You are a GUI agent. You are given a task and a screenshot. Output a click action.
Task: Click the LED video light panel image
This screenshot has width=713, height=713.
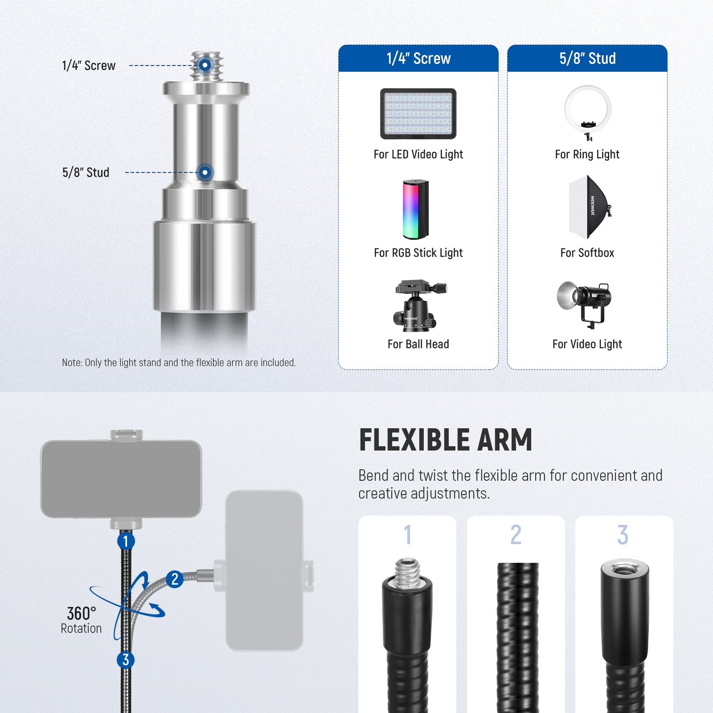coord(418,114)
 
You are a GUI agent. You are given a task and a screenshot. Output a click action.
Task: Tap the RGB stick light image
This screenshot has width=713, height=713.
coord(416,209)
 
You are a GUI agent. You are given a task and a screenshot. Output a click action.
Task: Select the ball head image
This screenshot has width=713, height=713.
coord(418,306)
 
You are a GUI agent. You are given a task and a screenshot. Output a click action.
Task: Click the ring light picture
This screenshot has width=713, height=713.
coord(587,111)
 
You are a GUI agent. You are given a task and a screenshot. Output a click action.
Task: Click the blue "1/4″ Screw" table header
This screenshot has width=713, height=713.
coord(418,58)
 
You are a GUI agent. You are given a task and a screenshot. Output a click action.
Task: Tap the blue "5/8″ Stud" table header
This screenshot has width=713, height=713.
coord(587,58)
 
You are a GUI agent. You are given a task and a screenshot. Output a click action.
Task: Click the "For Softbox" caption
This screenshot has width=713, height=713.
coord(587,253)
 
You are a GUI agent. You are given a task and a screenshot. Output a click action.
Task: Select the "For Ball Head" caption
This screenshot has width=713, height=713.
coord(418,344)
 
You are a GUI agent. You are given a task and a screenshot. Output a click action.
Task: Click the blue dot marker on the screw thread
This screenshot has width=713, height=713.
coord(205,65)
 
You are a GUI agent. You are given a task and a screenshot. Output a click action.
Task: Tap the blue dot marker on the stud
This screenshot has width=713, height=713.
coord(205,172)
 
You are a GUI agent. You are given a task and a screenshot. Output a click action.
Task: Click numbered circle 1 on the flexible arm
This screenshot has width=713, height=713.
coord(126,541)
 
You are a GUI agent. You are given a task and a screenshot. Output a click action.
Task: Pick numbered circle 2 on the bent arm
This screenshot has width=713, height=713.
coord(175,579)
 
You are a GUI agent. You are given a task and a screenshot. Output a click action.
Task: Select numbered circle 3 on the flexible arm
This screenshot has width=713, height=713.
coord(126,660)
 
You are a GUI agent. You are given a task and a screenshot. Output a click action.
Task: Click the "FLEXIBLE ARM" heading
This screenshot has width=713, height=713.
coord(446,440)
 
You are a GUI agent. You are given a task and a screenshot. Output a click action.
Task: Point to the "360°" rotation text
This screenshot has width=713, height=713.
coord(82,614)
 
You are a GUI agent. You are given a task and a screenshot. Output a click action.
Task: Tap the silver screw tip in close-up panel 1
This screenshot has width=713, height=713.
coord(407,573)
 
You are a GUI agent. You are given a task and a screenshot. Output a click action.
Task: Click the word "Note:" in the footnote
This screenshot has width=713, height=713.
coord(72,363)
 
